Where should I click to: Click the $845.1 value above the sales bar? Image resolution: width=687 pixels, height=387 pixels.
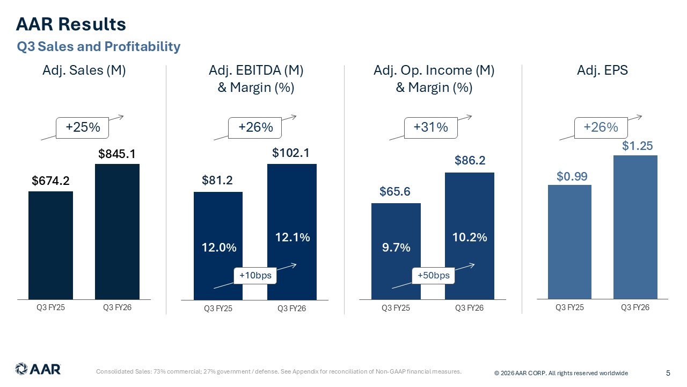tap(116, 154)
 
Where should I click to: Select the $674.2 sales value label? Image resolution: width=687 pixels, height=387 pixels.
tap(50, 182)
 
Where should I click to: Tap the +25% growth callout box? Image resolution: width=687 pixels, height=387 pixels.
tap(83, 128)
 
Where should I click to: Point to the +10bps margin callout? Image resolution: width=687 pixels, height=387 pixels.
tap(255, 276)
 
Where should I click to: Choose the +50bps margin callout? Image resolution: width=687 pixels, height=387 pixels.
tap(433, 276)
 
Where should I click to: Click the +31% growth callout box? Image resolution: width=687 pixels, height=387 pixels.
tap(431, 128)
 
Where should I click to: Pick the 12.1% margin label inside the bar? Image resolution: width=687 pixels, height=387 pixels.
tap(292, 237)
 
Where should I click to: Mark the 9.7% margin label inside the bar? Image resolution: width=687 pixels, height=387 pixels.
tap(396, 247)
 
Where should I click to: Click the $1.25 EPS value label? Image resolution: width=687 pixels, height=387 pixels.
tap(635, 146)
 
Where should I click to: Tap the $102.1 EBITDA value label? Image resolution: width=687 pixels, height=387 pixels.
tap(291, 153)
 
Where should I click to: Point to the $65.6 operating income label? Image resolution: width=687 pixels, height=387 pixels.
tap(395, 192)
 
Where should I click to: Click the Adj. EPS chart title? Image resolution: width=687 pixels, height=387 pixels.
tap(602, 70)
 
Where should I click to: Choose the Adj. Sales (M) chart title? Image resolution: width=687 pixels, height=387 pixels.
tap(84, 70)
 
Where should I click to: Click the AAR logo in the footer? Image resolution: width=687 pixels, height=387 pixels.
tap(38, 369)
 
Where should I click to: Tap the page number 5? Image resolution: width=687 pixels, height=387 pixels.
tap(668, 373)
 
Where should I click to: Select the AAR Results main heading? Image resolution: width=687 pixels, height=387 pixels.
tap(71, 24)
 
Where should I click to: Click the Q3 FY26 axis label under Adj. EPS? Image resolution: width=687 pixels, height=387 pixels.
tap(635, 307)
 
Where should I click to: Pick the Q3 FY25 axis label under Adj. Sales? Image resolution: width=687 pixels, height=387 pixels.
tap(51, 307)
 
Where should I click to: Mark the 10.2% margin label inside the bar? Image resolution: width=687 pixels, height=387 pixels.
tap(470, 237)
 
